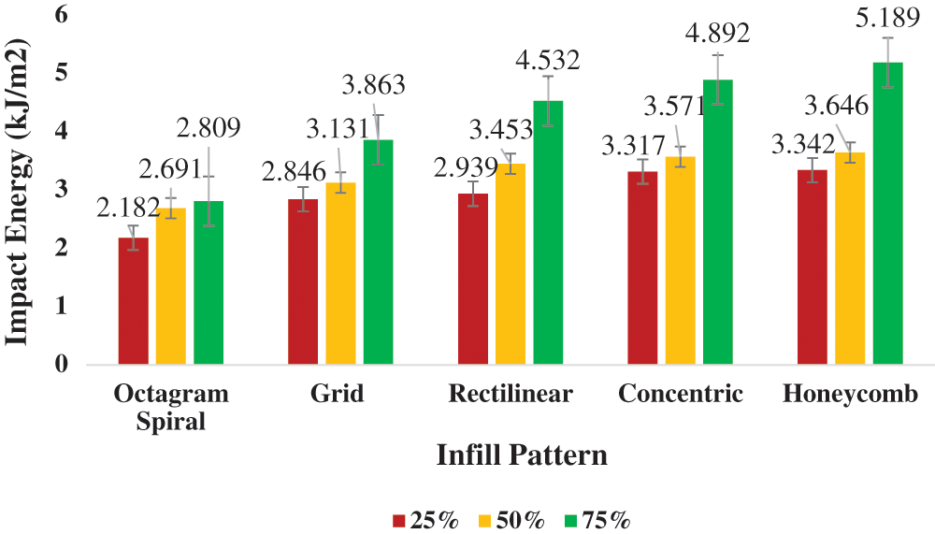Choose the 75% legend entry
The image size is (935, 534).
coord(597,520)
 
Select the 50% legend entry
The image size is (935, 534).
coord(511,520)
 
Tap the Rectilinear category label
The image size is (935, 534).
coord(511,395)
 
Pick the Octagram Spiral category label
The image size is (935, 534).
coord(171,408)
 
